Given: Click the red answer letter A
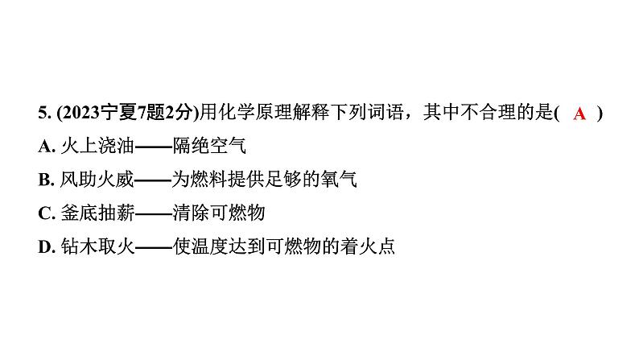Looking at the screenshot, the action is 579,114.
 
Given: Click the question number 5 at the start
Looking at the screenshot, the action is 42,114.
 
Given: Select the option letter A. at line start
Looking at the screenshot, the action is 45,147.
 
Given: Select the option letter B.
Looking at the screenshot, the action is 45,180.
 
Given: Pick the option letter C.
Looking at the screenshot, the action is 45,213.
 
